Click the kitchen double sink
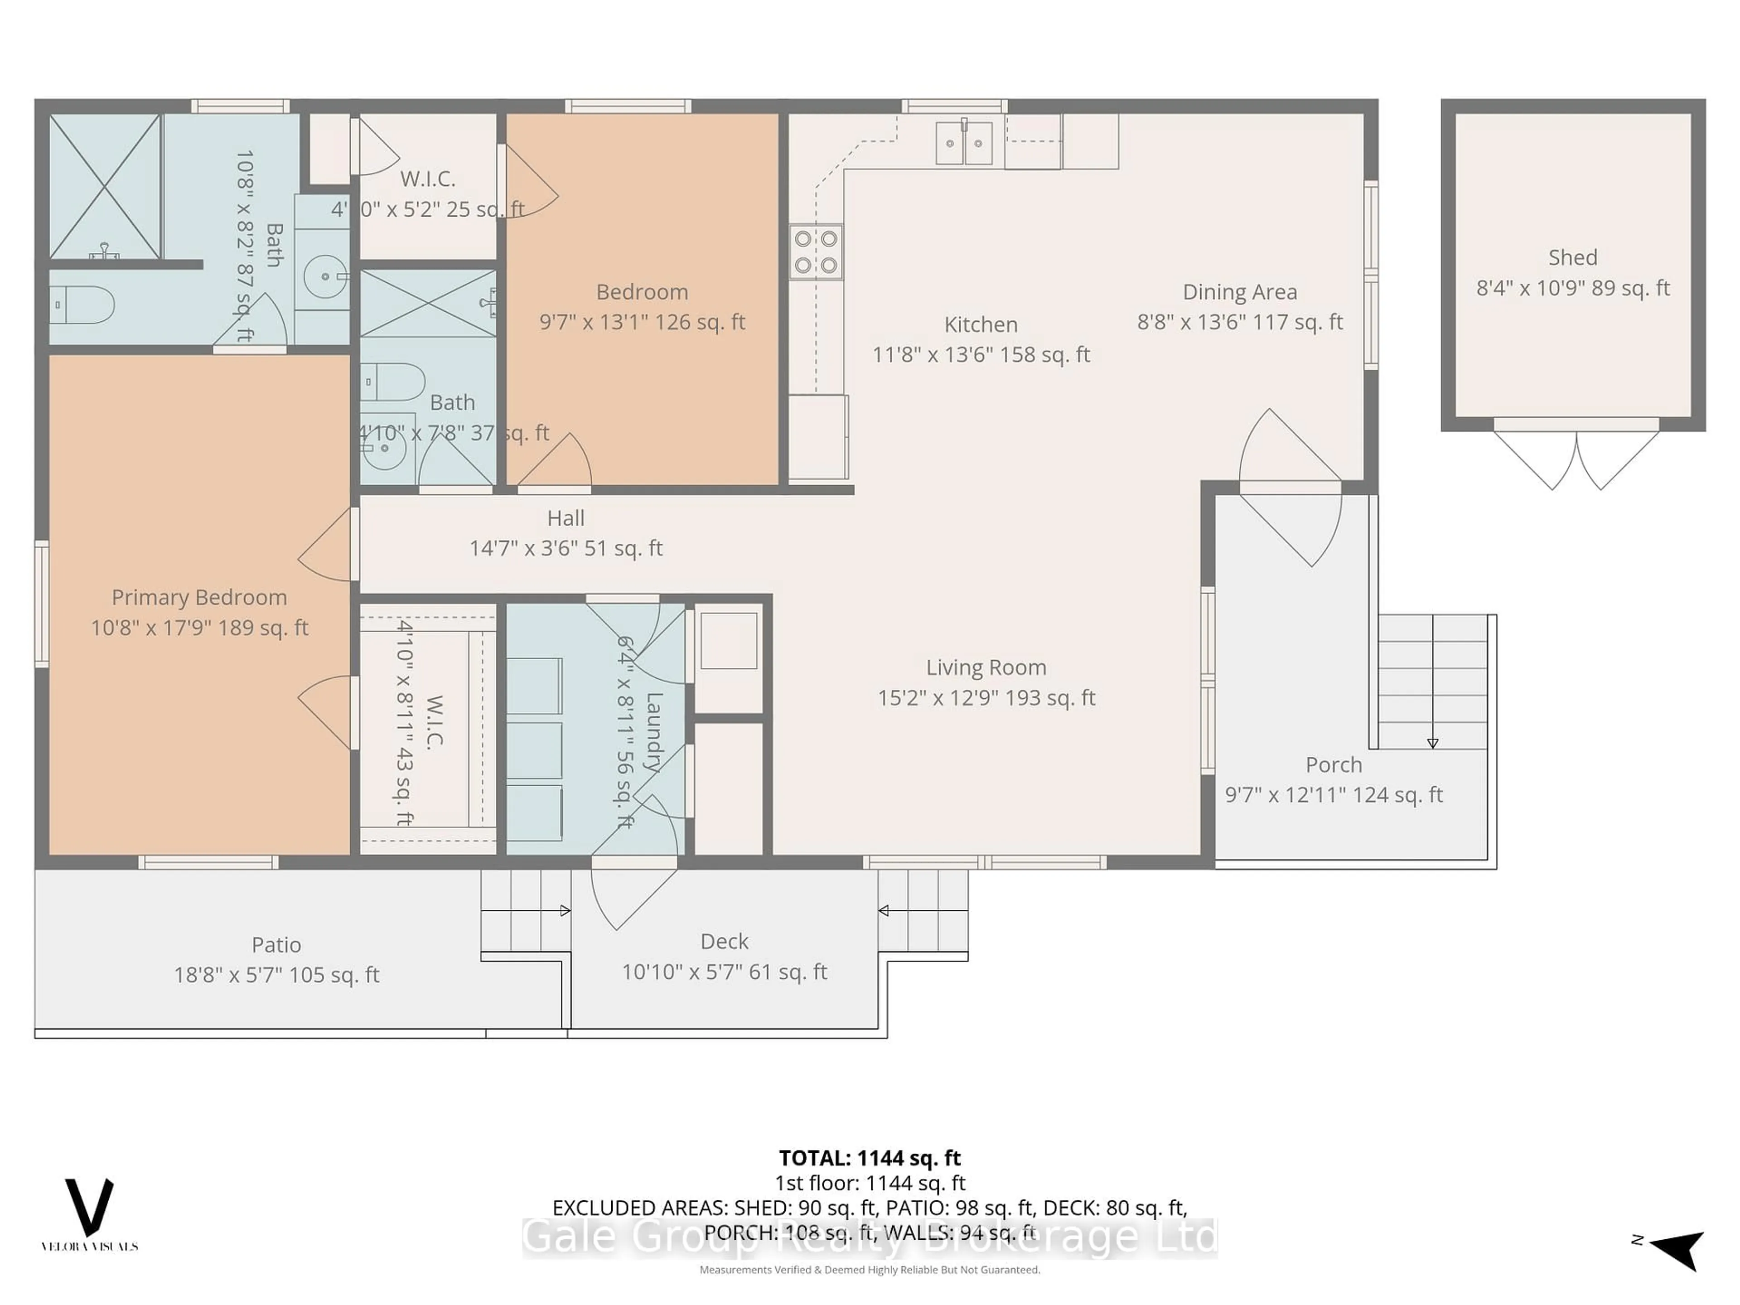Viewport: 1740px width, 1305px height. coord(964,143)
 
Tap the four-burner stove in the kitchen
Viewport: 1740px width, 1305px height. coord(816,252)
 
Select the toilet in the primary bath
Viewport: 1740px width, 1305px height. coord(82,304)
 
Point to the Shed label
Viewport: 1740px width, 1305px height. coord(1572,257)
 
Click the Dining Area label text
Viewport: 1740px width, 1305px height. coord(1240,292)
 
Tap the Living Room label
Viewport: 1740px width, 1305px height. coord(986,667)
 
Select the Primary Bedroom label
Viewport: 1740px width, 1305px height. coord(199,597)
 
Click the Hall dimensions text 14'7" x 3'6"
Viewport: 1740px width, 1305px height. coord(565,548)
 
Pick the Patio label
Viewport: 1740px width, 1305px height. coord(276,944)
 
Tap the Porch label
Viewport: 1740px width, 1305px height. coord(1333,764)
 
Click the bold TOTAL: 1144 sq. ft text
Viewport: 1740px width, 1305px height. coord(869,1158)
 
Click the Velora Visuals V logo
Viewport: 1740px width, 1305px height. coord(89,1208)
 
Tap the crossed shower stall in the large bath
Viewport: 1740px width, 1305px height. coord(105,186)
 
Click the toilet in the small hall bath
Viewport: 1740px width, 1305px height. coord(393,382)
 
